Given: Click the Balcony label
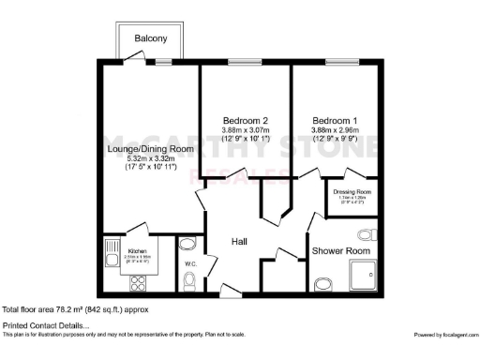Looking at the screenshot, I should coord(151,38).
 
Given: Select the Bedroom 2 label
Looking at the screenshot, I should coord(246,120).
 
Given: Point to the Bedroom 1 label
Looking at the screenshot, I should coord(335,120).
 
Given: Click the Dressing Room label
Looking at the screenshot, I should coord(352,191).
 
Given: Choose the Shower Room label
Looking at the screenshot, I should coord(342,251).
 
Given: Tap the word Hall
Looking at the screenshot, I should coord(239,241).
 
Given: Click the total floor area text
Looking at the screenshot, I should coord(75,308).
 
